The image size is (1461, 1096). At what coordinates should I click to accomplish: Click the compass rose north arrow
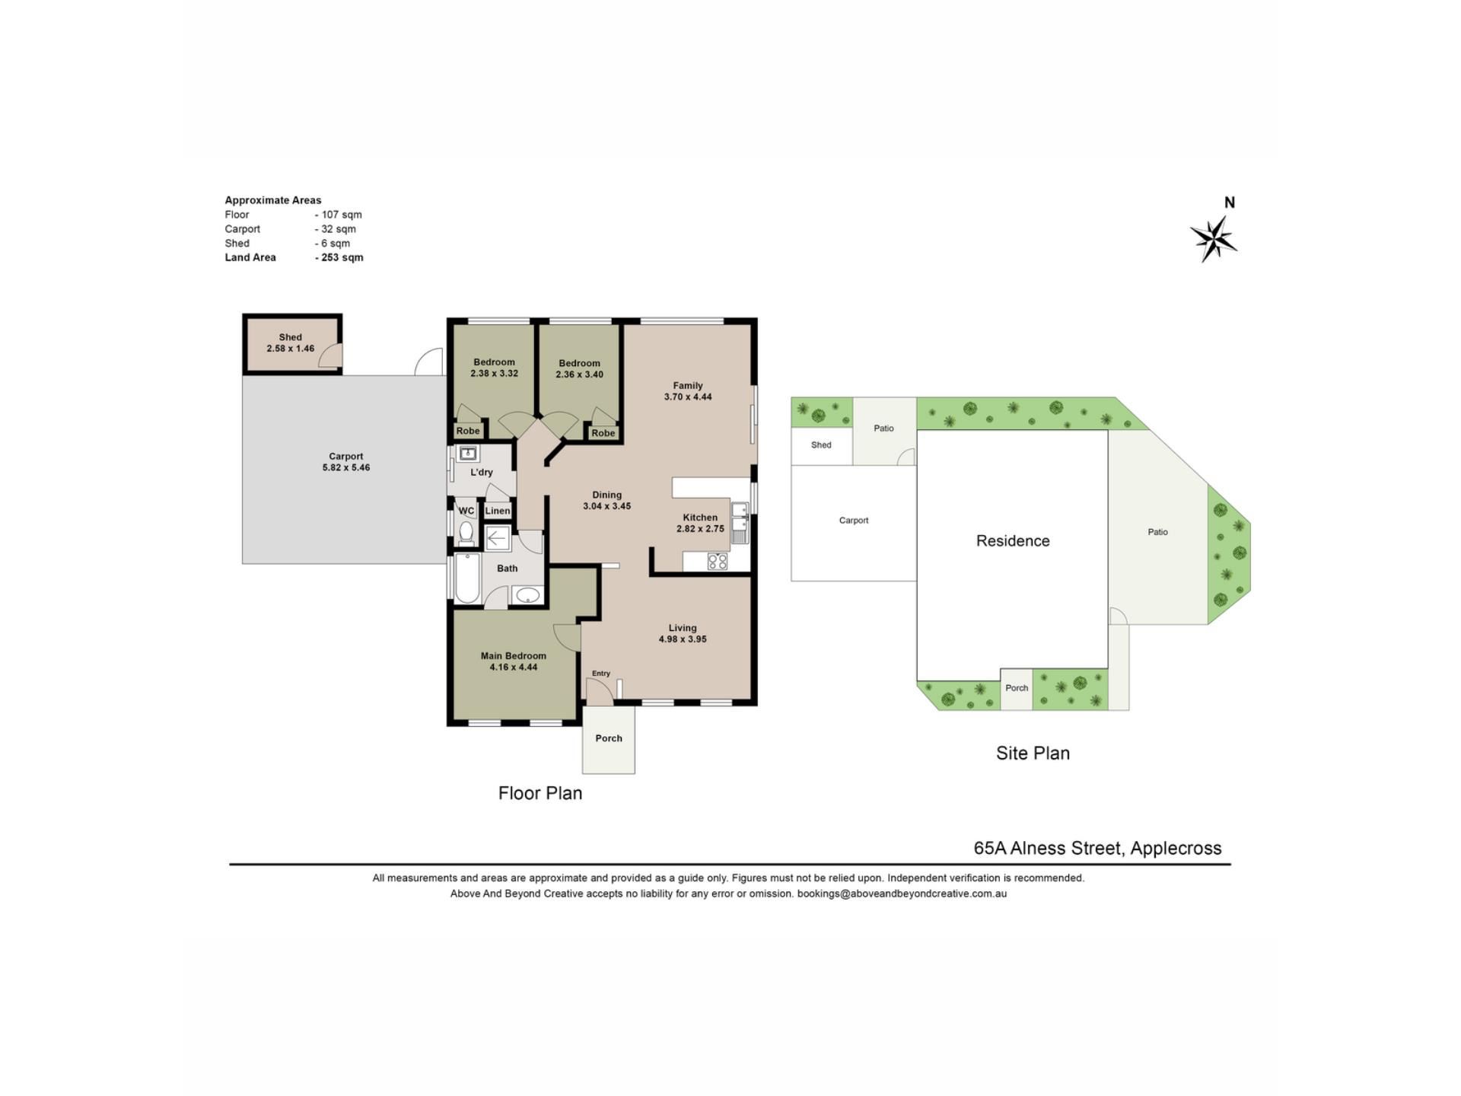[1214, 239]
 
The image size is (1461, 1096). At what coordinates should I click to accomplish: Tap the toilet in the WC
[466, 532]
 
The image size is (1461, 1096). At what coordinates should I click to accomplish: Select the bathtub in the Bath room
[467, 578]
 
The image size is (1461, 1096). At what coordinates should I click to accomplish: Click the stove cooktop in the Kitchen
[717, 562]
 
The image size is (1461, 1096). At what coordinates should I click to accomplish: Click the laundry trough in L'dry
[468, 454]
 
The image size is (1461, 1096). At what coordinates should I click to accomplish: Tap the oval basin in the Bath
[527, 595]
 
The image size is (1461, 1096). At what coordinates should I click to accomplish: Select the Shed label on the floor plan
[290, 337]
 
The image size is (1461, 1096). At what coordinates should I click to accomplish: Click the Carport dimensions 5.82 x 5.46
[346, 468]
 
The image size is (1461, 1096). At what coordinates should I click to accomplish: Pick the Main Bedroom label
[514, 656]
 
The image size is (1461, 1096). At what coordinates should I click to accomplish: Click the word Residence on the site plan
[1013, 541]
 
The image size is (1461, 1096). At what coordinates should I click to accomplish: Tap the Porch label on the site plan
[1017, 688]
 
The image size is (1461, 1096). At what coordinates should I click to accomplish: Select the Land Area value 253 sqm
[339, 257]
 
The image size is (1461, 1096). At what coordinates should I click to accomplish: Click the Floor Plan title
[540, 793]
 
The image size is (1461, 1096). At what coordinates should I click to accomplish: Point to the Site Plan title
[1033, 753]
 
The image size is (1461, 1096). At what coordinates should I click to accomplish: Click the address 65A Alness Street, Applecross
[1097, 848]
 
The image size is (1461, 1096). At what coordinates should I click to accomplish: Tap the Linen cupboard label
[498, 511]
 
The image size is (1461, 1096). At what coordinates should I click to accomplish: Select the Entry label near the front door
[601, 674]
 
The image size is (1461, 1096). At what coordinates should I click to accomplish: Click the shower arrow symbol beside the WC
[496, 539]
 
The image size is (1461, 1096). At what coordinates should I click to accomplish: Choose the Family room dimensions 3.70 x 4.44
[688, 397]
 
